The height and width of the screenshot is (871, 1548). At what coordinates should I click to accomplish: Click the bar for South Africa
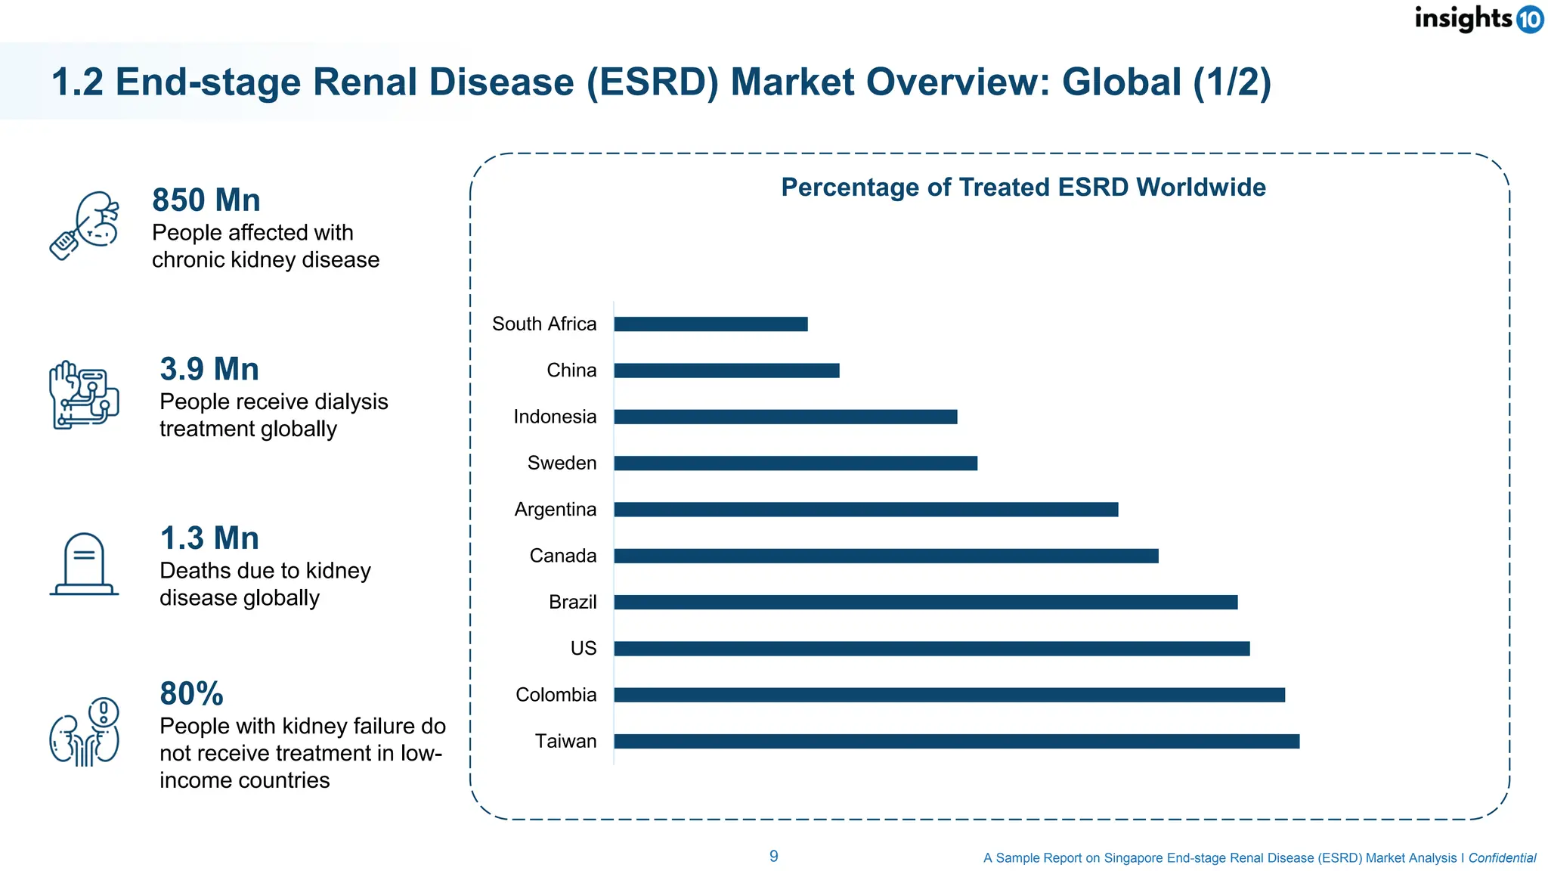coord(711,324)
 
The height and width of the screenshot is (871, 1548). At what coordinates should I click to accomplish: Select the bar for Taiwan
coord(956,742)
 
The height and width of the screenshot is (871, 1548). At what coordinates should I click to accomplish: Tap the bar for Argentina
coord(865,510)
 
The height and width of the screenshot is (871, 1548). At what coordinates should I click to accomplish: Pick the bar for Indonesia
coord(785,417)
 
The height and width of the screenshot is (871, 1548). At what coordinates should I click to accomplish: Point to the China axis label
coord(571,370)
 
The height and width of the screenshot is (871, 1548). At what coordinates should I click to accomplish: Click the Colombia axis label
coord(556,695)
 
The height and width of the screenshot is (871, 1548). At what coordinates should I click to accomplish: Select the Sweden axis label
coord(562,463)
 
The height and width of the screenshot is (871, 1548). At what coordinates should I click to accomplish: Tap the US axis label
coord(584,649)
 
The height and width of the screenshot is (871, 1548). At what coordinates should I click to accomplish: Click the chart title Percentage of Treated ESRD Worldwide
coord(1023,188)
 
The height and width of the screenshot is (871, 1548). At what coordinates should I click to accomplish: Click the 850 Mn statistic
coord(206,200)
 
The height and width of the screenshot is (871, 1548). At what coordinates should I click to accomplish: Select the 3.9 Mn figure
coord(209,370)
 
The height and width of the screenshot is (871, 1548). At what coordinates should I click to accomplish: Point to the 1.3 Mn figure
coord(209,538)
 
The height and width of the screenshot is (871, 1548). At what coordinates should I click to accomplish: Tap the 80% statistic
coord(192,694)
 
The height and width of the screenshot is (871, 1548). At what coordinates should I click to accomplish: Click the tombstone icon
coord(84,564)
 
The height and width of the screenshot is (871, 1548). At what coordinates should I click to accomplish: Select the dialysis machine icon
coord(84,395)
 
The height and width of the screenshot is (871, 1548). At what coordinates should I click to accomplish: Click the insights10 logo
coord(1478,18)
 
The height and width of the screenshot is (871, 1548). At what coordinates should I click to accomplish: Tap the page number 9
coord(774,857)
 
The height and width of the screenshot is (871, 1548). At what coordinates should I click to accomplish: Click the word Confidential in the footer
coord(1502,858)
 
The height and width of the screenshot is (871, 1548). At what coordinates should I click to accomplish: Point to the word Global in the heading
coord(1121,82)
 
